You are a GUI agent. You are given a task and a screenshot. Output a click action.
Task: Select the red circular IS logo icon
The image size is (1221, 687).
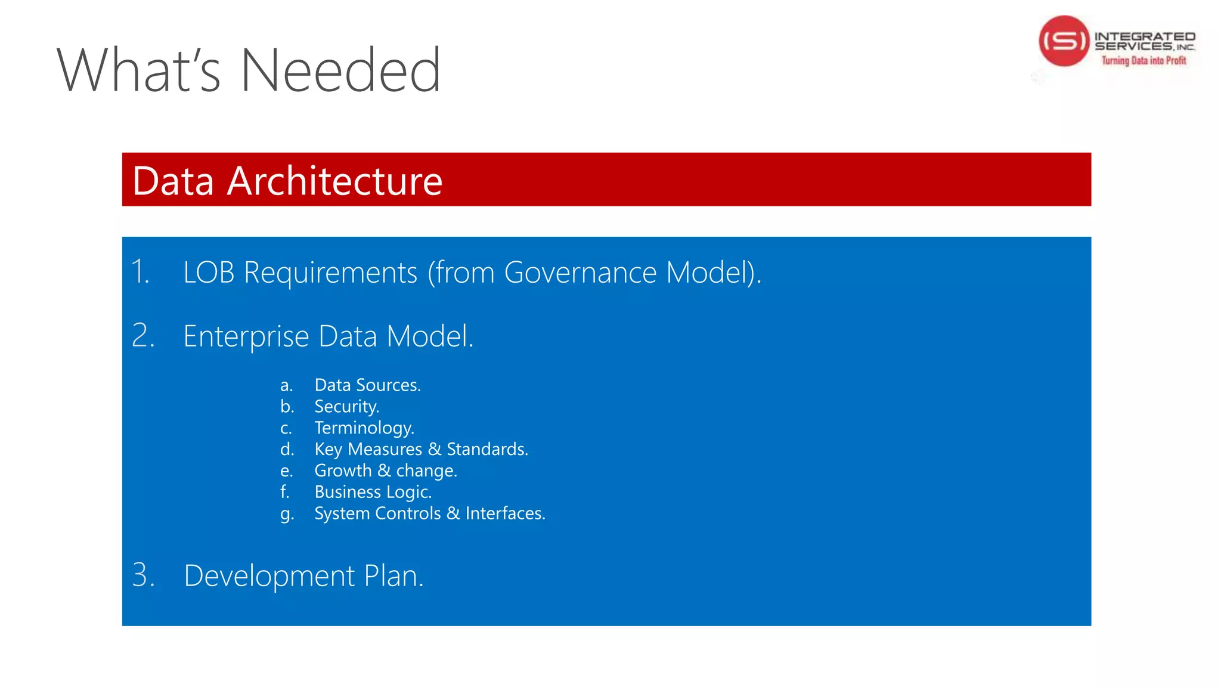[x=1064, y=41]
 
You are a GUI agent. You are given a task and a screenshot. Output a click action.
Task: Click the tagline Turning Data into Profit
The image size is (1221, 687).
[x=1143, y=60]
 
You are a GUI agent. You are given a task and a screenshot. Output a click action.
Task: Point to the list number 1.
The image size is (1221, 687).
[x=140, y=272]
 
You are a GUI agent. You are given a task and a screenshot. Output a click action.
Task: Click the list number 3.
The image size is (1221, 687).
[x=143, y=575]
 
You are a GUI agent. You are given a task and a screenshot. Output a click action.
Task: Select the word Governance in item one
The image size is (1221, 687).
[x=580, y=273]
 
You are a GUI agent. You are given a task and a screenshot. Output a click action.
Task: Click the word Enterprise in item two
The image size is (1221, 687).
[x=246, y=336]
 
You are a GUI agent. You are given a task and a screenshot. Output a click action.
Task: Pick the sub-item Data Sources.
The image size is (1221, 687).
[x=367, y=385]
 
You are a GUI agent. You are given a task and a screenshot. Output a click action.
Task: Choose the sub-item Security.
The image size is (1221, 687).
[x=346, y=407]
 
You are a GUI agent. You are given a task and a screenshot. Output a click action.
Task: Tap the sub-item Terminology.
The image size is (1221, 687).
[x=364, y=428]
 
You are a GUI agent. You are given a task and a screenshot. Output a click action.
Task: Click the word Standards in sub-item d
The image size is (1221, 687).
[x=487, y=449]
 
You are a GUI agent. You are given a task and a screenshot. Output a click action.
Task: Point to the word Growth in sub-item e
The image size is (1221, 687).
[x=343, y=471]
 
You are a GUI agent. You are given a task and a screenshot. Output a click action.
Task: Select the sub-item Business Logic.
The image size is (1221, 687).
[x=373, y=492]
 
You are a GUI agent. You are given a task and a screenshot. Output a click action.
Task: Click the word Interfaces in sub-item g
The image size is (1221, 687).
[x=505, y=513]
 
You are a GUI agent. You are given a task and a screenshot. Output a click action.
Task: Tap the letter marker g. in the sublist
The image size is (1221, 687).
[x=287, y=514]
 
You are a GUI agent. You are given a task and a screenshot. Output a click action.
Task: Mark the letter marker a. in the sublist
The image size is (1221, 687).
[x=286, y=386]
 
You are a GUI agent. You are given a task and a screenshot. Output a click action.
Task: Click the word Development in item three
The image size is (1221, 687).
[x=269, y=576]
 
